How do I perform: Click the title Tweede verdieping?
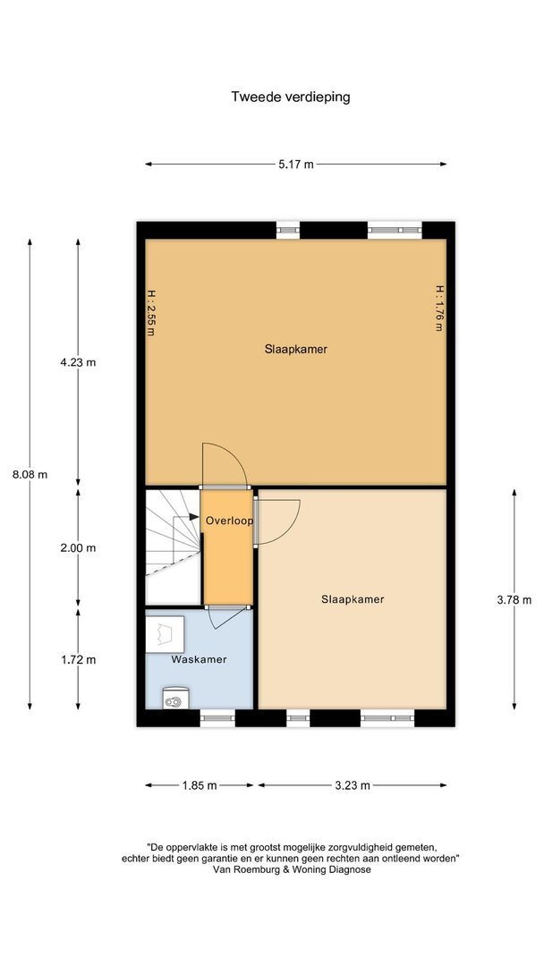(x=290, y=97)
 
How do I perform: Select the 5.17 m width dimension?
(x=296, y=165)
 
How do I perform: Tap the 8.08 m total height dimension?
(x=30, y=474)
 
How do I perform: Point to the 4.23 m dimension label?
(x=78, y=362)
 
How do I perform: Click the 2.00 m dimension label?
(x=78, y=547)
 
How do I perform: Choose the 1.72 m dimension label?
(x=78, y=660)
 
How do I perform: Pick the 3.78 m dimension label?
(x=514, y=599)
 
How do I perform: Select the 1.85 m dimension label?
(x=199, y=785)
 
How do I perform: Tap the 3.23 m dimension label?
(x=352, y=785)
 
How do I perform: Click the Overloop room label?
(x=229, y=521)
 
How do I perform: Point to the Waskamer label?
(x=199, y=659)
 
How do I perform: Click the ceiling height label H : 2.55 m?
(x=150, y=312)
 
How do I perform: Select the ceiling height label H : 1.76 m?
(x=440, y=308)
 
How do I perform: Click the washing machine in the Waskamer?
(x=165, y=633)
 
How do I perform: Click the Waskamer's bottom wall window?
(x=217, y=717)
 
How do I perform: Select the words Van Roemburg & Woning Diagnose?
(x=292, y=869)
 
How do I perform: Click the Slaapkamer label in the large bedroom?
(x=296, y=350)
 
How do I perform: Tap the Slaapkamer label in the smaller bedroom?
(x=353, y=599)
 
